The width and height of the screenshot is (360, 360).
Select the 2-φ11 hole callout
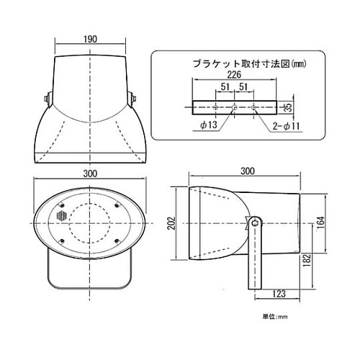(285, 127)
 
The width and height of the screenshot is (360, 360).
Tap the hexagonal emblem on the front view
(60, 215)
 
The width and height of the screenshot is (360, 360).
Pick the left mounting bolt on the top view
(46, 97)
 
